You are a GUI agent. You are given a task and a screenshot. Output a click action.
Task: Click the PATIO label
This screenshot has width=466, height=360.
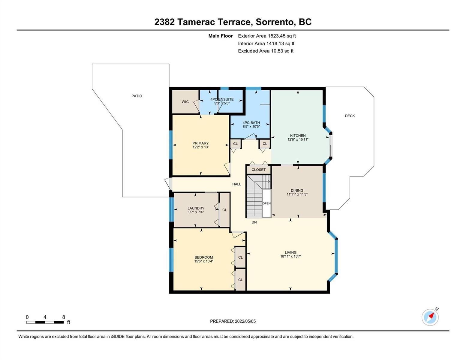(137, 96)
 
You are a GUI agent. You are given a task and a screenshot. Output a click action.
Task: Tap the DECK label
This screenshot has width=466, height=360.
(350, 116)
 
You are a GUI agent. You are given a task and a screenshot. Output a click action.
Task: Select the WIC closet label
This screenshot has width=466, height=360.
(185, 102)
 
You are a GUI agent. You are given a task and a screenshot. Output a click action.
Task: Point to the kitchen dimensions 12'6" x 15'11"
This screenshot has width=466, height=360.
(298, 139)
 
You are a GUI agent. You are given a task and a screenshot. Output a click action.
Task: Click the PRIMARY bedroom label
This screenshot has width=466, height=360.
(200, 143)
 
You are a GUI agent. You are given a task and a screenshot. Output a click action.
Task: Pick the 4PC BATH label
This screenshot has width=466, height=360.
(251, 123)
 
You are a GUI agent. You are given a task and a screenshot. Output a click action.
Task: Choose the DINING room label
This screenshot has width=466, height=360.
(297, 190)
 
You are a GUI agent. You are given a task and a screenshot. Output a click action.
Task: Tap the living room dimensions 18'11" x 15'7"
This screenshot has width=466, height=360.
(290, 256)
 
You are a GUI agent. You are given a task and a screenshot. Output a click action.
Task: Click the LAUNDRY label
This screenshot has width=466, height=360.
(196, 208)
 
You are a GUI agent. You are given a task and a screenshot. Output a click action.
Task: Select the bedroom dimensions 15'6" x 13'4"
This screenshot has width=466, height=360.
(204, 261)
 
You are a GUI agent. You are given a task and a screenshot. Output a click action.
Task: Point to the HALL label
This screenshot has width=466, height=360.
(236, 184)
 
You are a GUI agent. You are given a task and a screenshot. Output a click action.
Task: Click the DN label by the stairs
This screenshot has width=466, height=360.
(254, 222)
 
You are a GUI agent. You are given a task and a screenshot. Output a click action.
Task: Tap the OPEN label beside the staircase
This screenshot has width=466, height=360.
(266, 203)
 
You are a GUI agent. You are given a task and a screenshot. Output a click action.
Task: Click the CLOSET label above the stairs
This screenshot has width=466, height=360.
(258, 169)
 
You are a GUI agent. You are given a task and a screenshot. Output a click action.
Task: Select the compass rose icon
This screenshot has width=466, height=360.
(430, 317)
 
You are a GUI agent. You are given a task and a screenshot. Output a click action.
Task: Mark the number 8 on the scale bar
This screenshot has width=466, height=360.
(64, 317)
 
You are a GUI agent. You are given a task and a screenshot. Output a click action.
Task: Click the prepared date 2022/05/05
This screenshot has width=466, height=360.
(245, 321)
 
